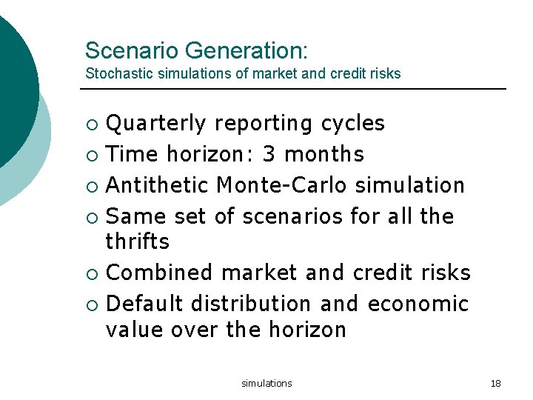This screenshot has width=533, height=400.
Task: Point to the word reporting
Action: [263, 123]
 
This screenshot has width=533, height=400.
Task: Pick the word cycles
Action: [353, 123]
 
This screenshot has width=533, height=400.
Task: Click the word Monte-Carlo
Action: [282, 185]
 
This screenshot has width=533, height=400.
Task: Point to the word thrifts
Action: [138, 241]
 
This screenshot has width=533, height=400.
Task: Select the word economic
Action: [418, 304]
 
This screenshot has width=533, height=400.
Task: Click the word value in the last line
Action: [135, 329]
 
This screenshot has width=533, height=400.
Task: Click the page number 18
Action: [496, 383]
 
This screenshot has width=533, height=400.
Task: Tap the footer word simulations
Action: [266, 383]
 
